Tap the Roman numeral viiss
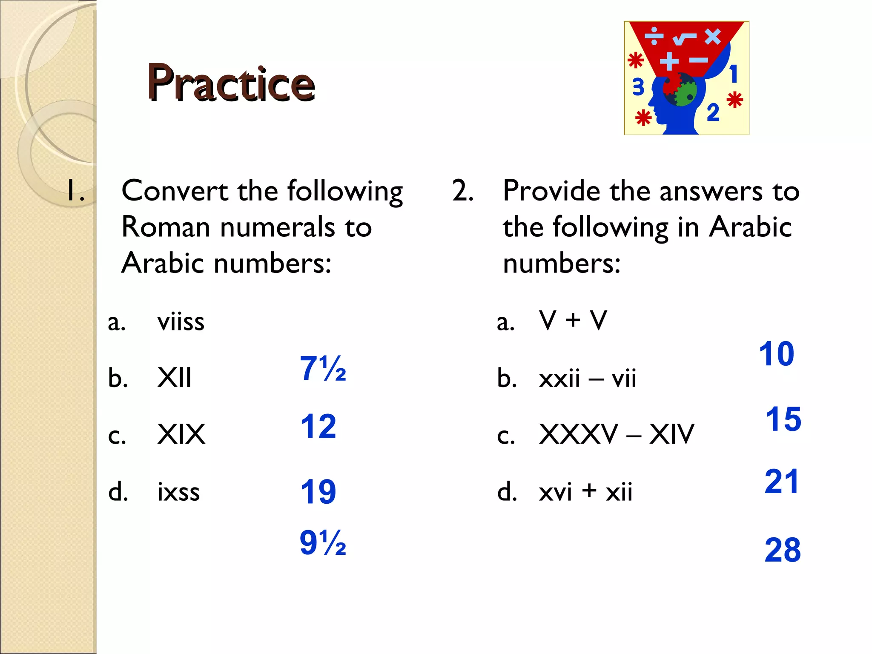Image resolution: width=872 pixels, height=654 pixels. (181, 321)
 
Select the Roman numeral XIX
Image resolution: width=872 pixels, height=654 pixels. (181, 434)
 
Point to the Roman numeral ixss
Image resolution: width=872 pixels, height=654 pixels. (178, 492)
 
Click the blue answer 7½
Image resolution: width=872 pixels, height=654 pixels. (323, 368)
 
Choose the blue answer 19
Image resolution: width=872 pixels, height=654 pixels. (318, 492)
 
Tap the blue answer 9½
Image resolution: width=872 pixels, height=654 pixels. (323, 543)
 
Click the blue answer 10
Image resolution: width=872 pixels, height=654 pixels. (776, 354)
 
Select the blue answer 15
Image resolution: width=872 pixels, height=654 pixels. (783, 419)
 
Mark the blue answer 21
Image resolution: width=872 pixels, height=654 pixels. (781, 482)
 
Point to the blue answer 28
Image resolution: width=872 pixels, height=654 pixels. (783, 550)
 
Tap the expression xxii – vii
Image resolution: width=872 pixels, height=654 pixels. (587, 378)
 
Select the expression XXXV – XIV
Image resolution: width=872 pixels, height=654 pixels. (616, 434)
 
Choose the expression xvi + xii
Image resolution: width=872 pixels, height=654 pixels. (585, 492)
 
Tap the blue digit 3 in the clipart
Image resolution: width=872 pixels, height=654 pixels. (638, 87)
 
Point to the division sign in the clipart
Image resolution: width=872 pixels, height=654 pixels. (654, 36)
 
